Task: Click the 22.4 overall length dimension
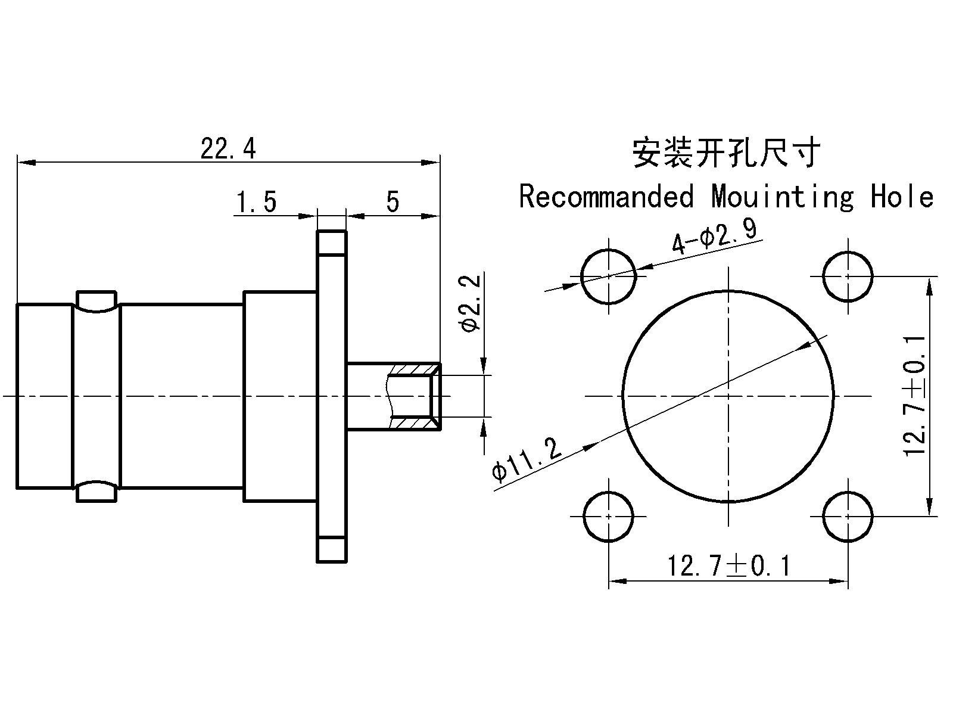coord(228,149)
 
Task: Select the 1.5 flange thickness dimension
coord(256,203)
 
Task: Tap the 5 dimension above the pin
coord(392,203)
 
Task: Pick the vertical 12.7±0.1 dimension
coord(915,396)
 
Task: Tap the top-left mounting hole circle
coord(609,276)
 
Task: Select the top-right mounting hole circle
coord(848,276)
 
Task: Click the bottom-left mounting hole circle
coord(609,516)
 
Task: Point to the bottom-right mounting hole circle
coord(848,516)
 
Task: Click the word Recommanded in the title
coord(606,197)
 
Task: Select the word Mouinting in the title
coord(782,197)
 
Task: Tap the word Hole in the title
coord(902,197)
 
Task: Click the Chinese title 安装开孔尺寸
coord(726,153)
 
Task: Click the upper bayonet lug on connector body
coord(96,301)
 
